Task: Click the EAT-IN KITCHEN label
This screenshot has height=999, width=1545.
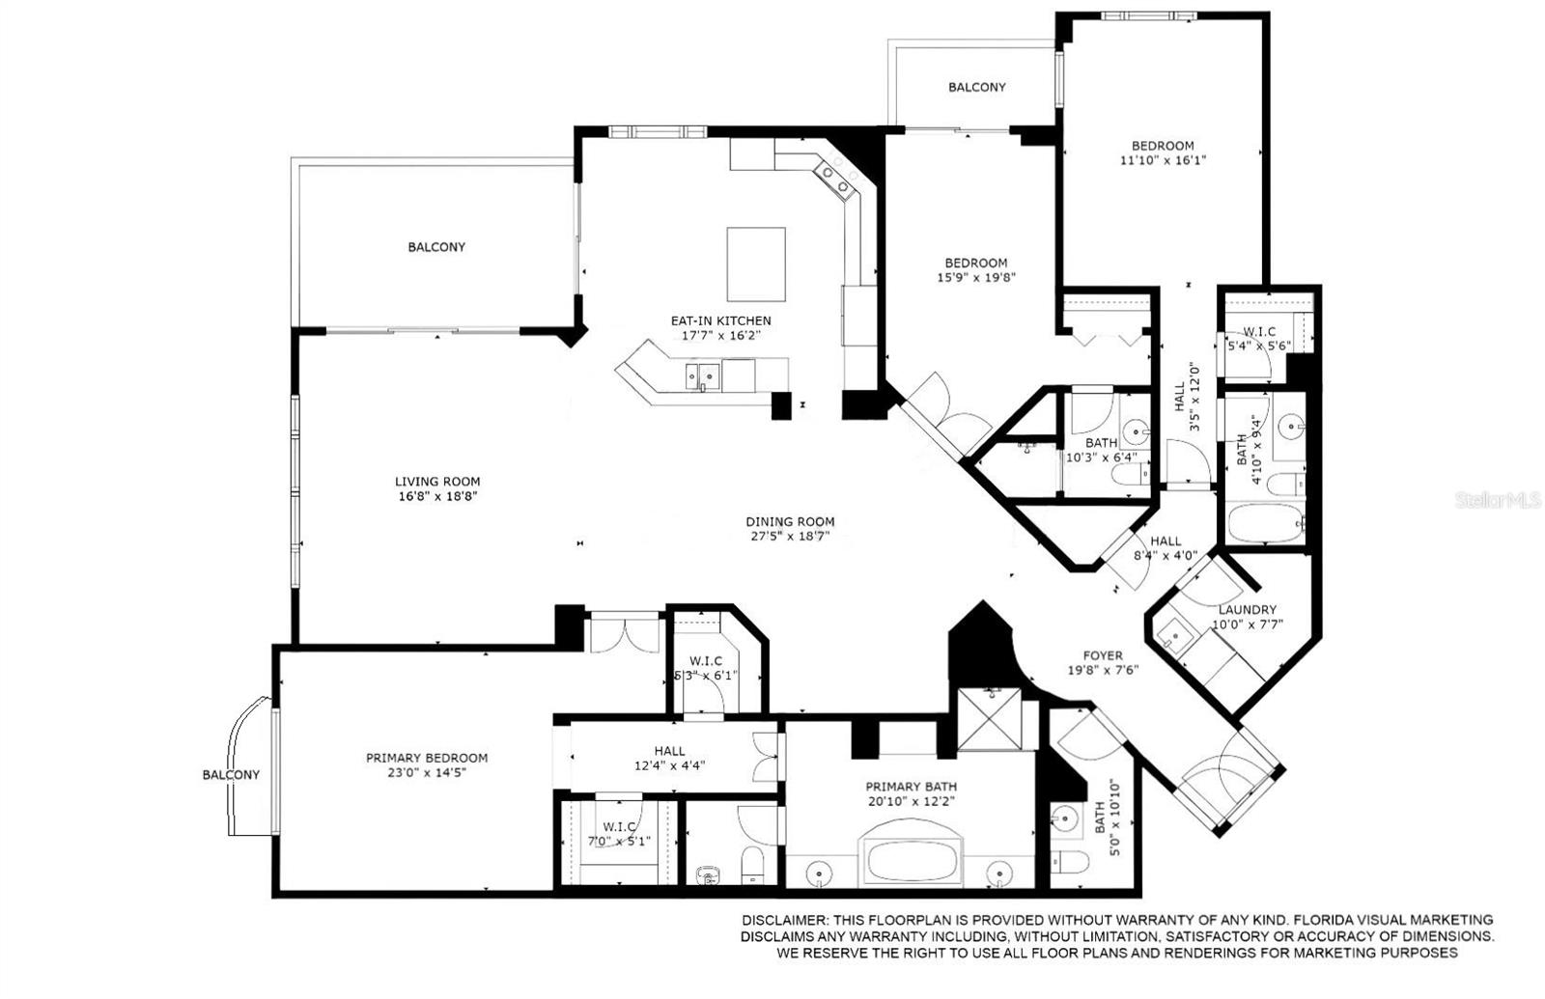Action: coord(720,320)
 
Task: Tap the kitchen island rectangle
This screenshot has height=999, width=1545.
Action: coord(755,264)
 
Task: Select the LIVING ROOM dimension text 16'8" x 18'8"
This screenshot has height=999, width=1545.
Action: coord(436,496)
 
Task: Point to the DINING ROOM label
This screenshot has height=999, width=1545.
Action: coord(789,521)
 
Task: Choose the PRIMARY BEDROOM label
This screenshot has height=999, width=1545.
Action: coord(426,758)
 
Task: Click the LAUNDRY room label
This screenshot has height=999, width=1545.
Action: coord(1247,610)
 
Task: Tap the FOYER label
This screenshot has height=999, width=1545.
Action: coord(1102,655)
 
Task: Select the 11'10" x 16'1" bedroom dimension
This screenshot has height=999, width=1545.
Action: coord(1163,161)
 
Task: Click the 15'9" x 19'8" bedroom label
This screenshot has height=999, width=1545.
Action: coord(975,263)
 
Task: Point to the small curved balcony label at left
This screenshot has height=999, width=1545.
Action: coord(231,774)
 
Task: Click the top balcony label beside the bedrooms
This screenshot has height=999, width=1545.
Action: coord(976,87)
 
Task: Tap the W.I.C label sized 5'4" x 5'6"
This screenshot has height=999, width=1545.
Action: coord(1259,331)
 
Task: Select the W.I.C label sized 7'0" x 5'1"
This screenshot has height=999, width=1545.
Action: coord(618,827)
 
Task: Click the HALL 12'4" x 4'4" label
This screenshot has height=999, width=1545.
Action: coord(669,751)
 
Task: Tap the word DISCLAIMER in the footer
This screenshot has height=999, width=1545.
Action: coord(782,920)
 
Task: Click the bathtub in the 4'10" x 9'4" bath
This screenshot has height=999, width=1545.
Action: coord(1265,525)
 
